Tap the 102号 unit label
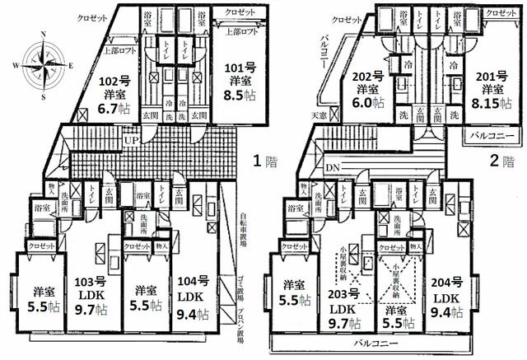point(115,81)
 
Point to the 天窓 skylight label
point(319,115)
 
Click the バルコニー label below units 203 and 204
point(373,340)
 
